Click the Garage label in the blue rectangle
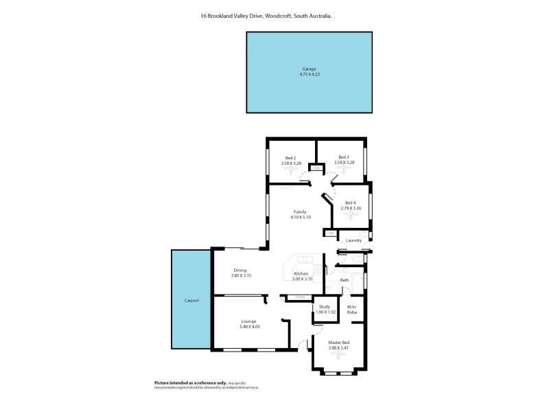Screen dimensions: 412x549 tap(309, 69)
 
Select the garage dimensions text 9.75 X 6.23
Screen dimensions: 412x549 tap(309, 73)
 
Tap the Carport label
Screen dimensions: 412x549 tap(191, 301)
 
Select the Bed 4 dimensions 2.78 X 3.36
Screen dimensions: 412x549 tap(351, 208)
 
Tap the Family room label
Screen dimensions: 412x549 tap(300, 211)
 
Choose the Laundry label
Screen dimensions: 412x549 tap(353, 240)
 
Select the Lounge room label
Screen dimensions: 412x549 tap(248, 321)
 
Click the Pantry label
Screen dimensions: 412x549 tap(300, 297)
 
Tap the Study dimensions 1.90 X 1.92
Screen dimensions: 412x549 tap(326, 312)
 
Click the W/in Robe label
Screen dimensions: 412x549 tap(351, 310)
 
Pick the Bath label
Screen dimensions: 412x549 tap(344, 280)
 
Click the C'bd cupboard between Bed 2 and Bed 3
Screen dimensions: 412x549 tap(316, 168)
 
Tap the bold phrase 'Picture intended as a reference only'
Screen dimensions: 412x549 tap(180, 382)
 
